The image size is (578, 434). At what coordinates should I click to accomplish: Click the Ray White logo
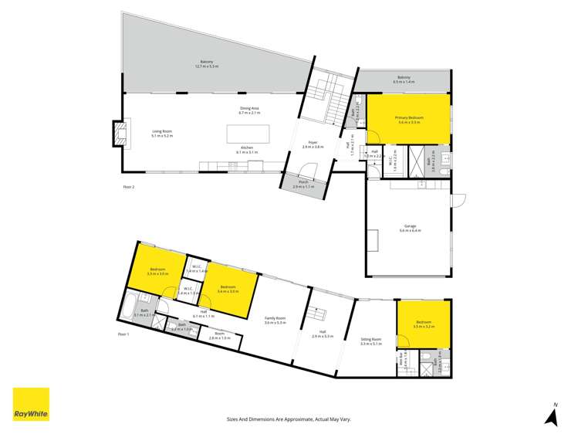[31, 404]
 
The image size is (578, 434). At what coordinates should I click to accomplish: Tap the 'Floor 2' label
[129, 187]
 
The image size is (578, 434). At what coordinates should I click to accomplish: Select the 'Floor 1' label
[123, 334]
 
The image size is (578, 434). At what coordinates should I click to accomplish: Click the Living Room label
[162, 134]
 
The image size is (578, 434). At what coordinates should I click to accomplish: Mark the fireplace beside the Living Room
[118, 133]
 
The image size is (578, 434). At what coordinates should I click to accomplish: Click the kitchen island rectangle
[247, 134]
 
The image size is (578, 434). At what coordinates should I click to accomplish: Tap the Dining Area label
[249, 110]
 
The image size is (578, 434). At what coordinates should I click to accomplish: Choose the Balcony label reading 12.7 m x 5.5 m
[207, 64]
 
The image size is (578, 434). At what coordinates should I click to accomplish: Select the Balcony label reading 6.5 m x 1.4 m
[405, 79]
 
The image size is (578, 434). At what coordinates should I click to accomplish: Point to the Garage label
[410, 229]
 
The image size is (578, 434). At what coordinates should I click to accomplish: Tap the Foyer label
[313, 144]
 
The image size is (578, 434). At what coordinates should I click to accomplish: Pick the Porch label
[304, 185]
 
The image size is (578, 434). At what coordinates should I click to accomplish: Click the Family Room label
[275, 320]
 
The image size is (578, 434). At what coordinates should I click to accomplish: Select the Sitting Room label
[371, 341]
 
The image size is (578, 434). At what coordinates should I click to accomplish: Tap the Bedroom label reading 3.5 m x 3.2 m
[424, 325]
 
